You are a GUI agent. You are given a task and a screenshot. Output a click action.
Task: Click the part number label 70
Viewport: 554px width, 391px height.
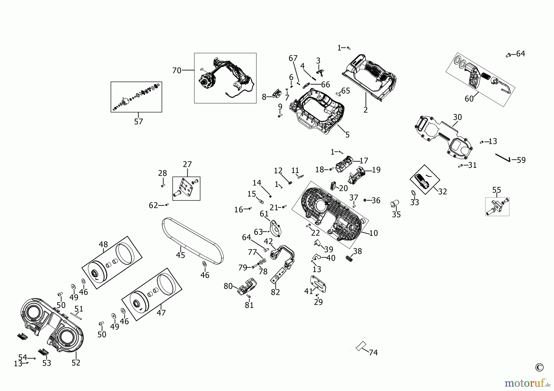click(x=177, y=70)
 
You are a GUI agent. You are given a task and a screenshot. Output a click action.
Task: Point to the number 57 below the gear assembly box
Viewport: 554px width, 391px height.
click(x=138, y=121)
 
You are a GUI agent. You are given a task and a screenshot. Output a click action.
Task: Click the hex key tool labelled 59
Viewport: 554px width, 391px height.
click(x=503, y=157)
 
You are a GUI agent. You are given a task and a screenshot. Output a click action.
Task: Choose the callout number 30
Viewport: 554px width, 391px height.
click(x=457, y=117)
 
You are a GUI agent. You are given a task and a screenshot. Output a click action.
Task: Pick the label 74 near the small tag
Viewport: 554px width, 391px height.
click(x=373, y=352)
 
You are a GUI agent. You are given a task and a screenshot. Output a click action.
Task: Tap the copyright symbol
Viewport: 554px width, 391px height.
click(x=539, y=367)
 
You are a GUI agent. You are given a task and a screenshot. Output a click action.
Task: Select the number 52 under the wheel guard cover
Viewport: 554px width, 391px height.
click(x=76, y=363)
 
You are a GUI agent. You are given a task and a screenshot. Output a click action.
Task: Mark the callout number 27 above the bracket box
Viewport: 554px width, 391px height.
click(x=187, y=164)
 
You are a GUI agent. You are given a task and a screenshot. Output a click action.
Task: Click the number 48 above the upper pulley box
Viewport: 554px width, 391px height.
click(x=103, y=244)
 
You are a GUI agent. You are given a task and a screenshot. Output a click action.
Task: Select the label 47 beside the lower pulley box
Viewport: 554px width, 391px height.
click(x=161, y=313)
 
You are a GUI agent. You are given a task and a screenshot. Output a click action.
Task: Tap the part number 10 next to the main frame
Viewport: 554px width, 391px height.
click(x=373, y=233)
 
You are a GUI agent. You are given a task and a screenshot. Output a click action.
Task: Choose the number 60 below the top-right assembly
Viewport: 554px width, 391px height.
click(x=469, y=99)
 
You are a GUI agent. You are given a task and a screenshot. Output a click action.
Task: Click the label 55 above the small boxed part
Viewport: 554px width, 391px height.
click(x=496, y=190)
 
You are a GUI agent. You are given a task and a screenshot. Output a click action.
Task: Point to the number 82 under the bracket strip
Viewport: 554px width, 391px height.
click(x=275, y=292)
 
